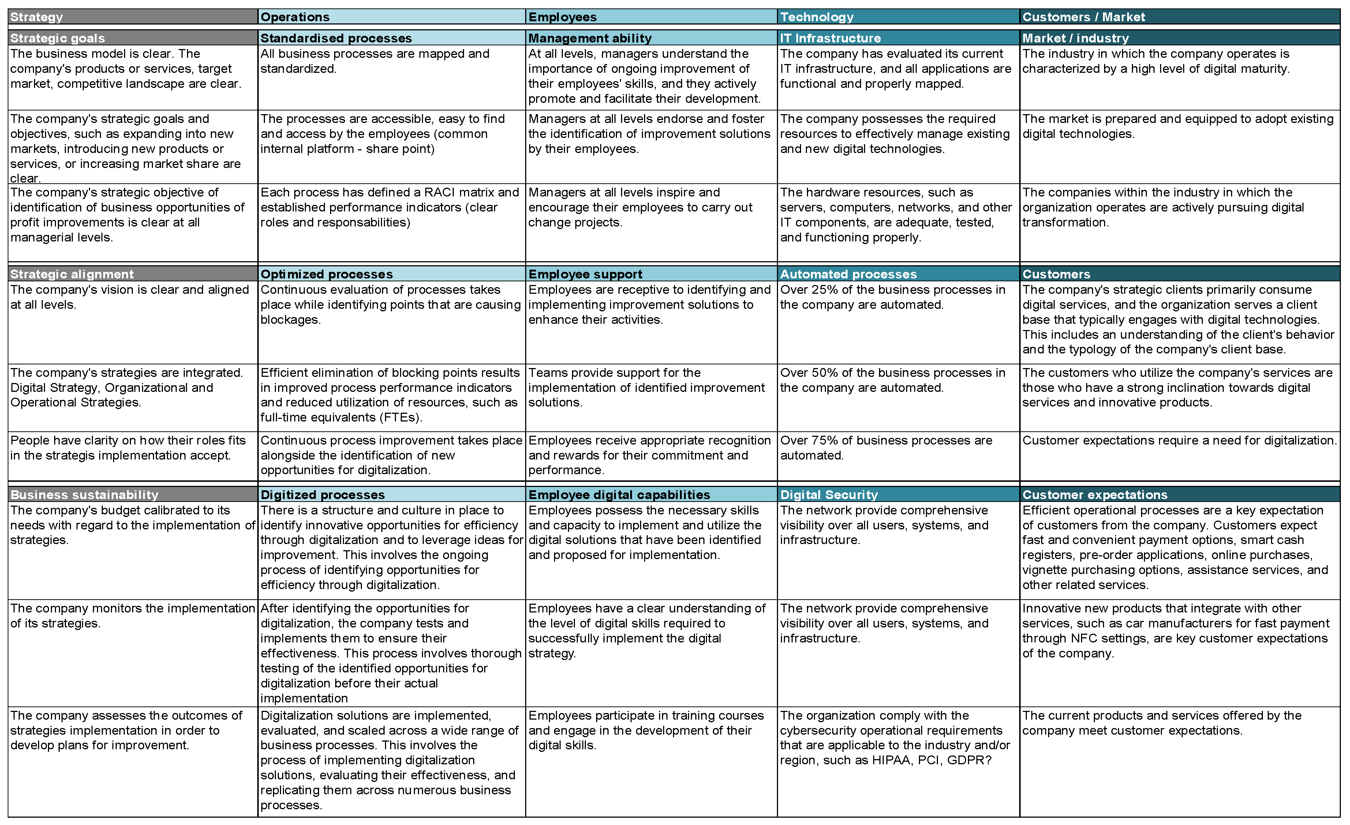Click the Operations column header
point(295,17)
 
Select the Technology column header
point(816,17)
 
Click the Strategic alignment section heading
point(72,274)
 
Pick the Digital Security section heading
point(829,495)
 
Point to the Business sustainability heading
point(85,495)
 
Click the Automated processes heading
point(848,274)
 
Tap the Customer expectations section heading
point(1095,495)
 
